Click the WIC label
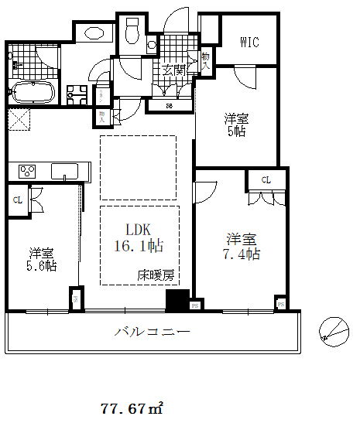[248, 42]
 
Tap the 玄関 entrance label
[173, 70]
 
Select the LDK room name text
[139, 230]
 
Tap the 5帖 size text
[235, 131]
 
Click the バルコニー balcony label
[152, 333]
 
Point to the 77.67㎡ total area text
[132, 406]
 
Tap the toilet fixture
[131, 32]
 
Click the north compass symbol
[333, 330]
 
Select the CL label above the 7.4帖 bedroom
[266, 180]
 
